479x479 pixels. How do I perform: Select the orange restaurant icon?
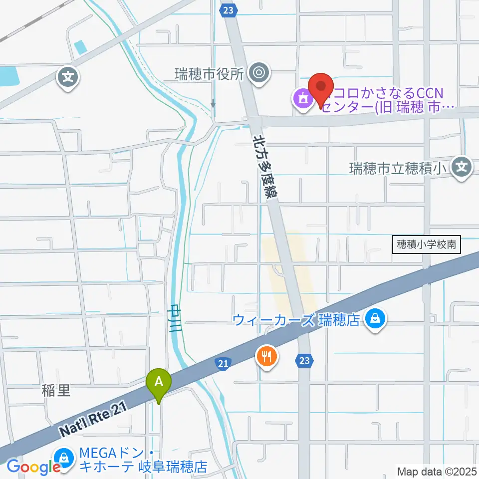coord(267,356)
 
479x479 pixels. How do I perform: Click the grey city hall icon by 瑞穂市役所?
coord(258,73)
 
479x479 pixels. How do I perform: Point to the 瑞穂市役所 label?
coord(209,74)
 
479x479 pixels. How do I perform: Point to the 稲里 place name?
coord(56,390)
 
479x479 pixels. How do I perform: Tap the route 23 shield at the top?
coord(229,10)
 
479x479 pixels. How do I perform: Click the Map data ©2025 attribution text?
coord(437,471)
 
